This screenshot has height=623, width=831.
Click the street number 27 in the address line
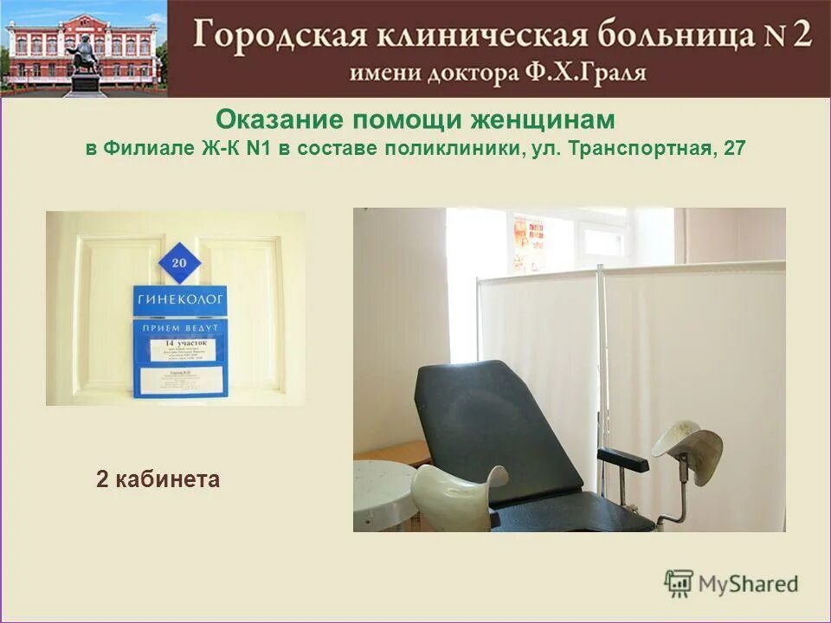pos(734,148)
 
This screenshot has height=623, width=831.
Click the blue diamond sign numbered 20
pos(179,261)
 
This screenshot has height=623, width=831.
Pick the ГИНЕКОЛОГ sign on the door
pos(180,299)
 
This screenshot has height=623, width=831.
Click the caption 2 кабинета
pos(158,478)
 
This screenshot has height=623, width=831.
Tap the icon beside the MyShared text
pos(680,583)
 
